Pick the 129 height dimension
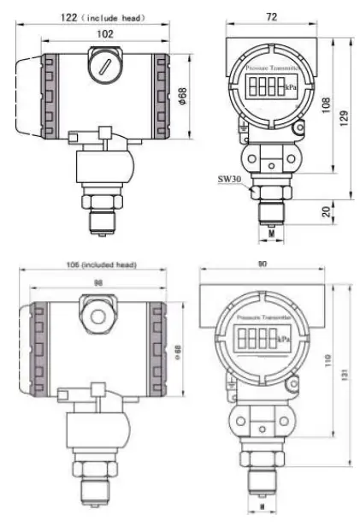point(344,118)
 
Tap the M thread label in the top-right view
point(271,231)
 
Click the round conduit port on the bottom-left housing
point(97,315)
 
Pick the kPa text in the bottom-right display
point(285,340)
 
